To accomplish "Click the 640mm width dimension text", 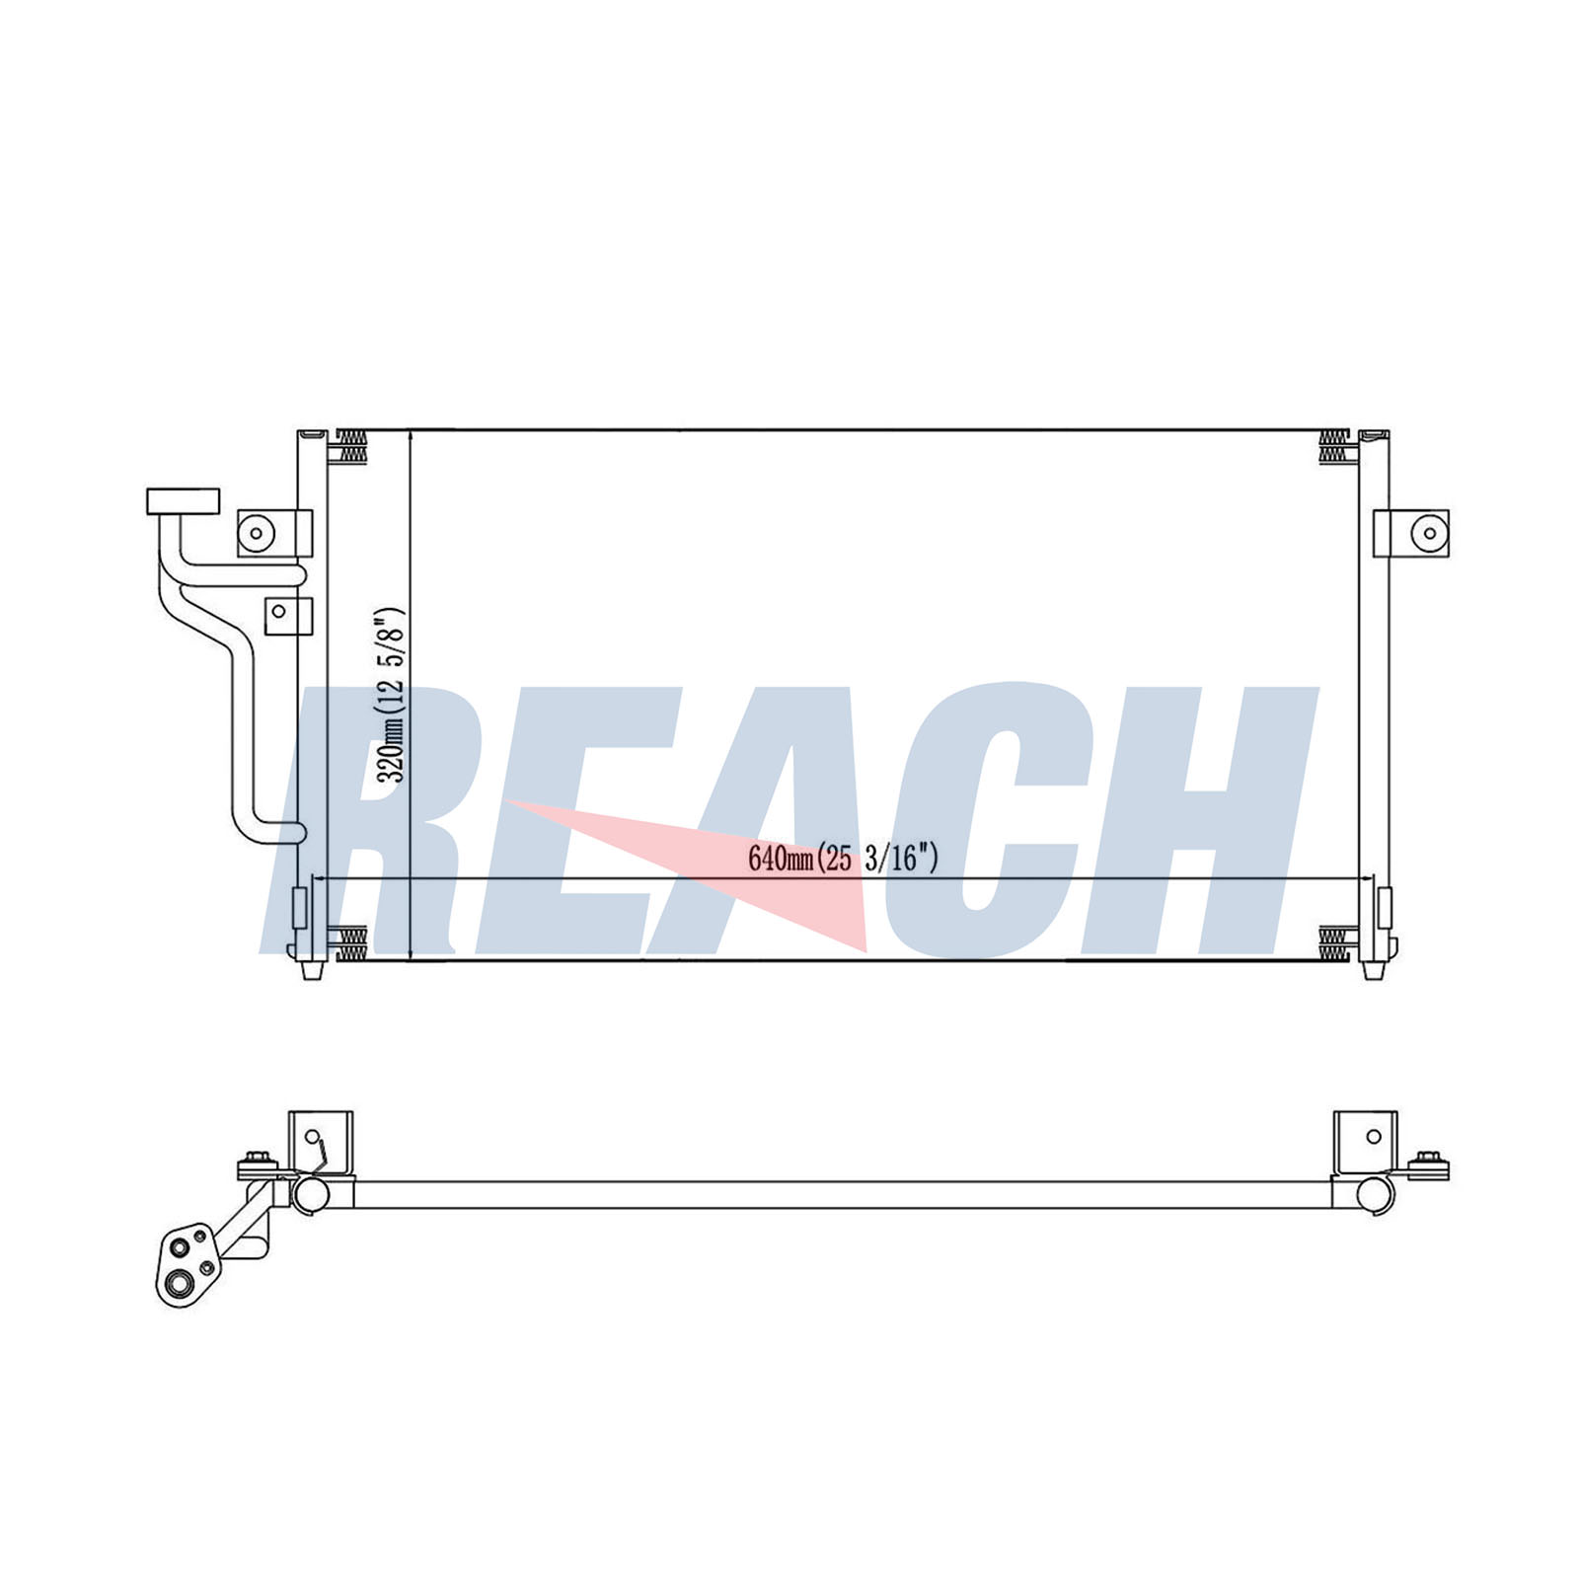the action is [x=842, y=859].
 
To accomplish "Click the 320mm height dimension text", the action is [x=393, y=695].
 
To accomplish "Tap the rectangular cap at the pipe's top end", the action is [x=183, y=501].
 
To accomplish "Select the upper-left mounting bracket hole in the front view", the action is [x=257, y=534].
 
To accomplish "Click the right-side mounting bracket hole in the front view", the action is [x=1428, y=534].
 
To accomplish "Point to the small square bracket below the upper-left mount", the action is [x=288, y=614].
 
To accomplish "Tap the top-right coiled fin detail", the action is [x=1334, y=447].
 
